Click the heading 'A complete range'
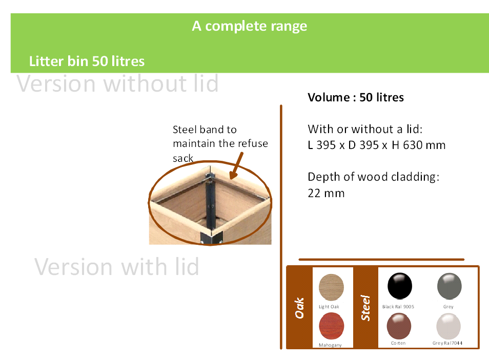coord(250,26)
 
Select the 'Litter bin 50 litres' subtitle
coord(87,61)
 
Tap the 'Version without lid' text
coord(117,83)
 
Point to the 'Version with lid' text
coord(117,267)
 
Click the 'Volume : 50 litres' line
coord(356,97)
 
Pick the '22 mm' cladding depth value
coord(326,193)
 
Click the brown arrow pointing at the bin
coord(236,165)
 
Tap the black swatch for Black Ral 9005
coord(399,286)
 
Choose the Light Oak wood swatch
coord(331,287)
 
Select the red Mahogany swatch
coord(331,326)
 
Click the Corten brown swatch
coord(399,326)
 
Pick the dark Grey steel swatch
coord(449,286)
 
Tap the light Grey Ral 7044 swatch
coord(449,326)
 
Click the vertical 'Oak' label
coord(299,308)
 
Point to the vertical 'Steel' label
coord(365,308)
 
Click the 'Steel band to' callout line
coord(205,130)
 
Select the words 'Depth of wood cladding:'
coord(374,177)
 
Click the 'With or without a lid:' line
coord(365,129)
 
